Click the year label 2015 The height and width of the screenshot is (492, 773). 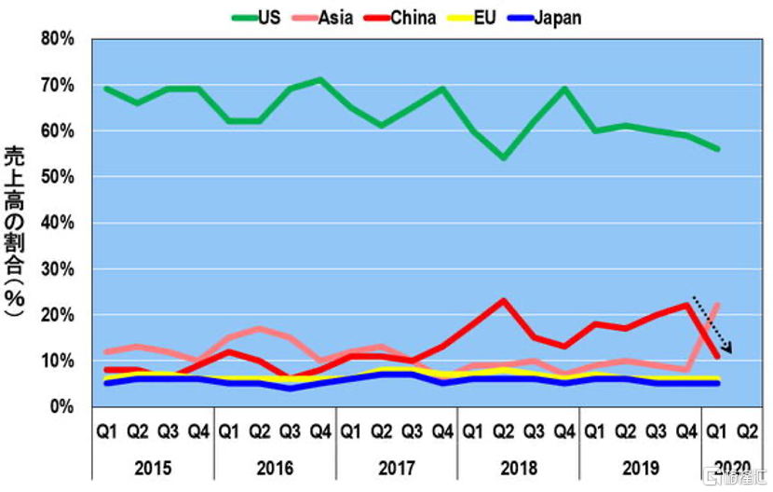153,466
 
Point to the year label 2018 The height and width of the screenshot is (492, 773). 518,466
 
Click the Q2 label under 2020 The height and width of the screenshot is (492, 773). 746,432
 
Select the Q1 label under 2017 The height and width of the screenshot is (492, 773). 349,432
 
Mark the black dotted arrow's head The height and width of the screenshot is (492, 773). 731,350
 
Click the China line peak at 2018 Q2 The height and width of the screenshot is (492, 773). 503,300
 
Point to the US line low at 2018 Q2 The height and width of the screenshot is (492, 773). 503,158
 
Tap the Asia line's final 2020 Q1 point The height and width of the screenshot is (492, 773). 717,305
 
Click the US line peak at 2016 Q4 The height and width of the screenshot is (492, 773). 320,80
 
